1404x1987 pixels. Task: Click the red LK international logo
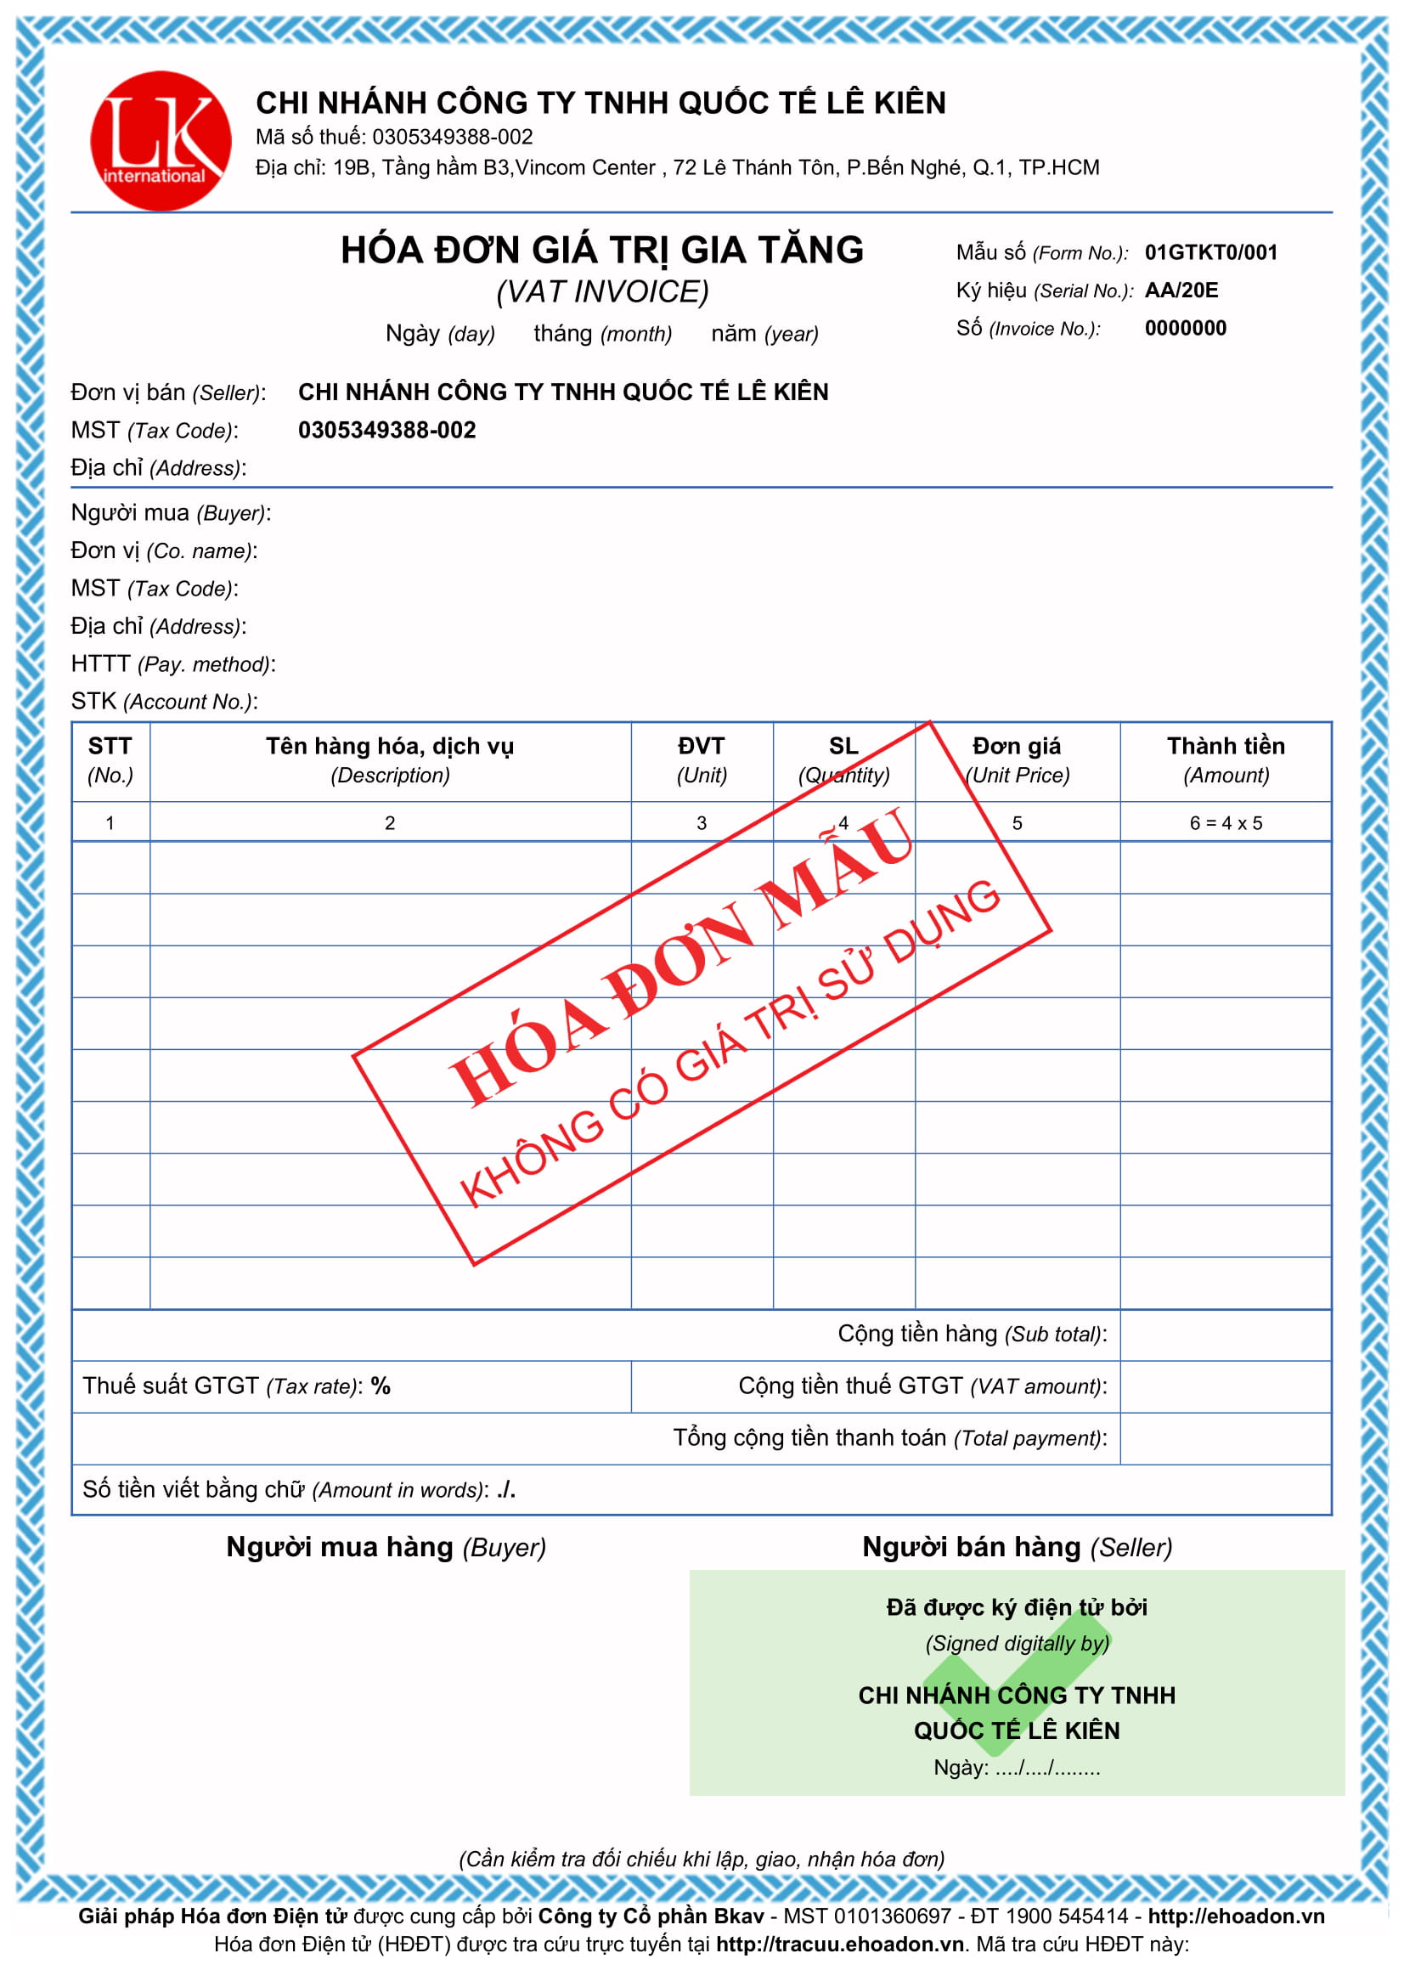(161, 141)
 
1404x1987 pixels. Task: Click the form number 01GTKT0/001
(1210, 252)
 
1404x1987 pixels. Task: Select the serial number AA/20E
(1181, 291)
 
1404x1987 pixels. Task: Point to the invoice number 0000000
(1185, 329)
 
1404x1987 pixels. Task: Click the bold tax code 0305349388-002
(386, 430)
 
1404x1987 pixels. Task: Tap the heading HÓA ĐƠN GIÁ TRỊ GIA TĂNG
(602, 251)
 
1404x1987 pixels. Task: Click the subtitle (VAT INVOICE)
(602, 292)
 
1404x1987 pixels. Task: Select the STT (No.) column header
(110, 759)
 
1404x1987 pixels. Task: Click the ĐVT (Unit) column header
(702, 759)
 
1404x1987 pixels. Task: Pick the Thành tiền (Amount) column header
(1226, 759)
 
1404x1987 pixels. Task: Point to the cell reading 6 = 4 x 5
(1226, 823)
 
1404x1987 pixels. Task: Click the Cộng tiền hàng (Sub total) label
(972, 1334)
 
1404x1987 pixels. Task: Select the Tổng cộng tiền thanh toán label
(889, 1437)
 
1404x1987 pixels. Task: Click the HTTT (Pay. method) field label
(173, 663)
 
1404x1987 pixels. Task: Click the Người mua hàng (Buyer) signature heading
(386, 1546)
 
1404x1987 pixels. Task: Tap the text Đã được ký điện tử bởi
(1017, 1607)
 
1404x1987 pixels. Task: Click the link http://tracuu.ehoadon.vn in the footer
(839, 1944)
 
